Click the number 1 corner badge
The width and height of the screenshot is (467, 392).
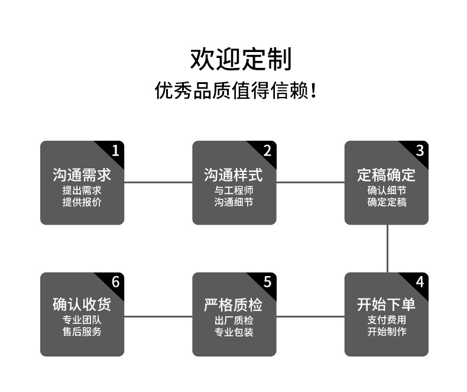[115, 150]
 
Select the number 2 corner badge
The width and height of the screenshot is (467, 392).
[267, 150]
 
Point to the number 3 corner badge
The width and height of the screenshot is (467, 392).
[420, 150]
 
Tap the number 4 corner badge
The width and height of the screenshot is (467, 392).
[420, 281]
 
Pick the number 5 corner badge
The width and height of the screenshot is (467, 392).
[267, 281]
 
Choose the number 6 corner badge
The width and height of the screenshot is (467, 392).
[115, 281]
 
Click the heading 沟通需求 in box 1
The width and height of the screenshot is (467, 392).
[82, 175]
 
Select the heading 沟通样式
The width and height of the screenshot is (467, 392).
[234, 175]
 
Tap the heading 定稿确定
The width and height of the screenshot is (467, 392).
[386, 175]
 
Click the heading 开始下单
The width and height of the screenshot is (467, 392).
[386, 305]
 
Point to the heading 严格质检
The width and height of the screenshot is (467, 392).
[234, 305]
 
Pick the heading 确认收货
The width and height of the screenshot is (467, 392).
[82, 305]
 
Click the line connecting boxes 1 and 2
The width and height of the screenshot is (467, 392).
[158, 182]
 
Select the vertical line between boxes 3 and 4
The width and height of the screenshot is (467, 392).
[388, 248]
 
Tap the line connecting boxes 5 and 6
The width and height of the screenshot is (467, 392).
[158, 316]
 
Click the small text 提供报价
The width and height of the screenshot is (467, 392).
[82, 202]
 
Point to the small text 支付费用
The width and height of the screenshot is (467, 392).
[387, 320]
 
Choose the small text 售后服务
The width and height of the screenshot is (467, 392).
[82, 332]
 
